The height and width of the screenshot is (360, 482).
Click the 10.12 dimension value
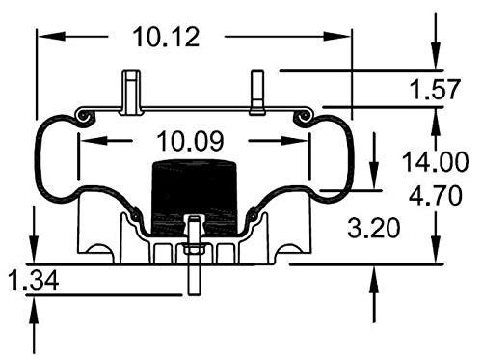(166, 37)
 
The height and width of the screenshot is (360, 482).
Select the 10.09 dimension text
(190, 141)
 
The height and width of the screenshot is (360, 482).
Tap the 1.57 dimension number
(435, 89)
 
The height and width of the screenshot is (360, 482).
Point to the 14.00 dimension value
(435, 162)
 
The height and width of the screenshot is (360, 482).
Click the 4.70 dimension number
(435, 195)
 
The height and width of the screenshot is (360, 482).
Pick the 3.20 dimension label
(374, 228)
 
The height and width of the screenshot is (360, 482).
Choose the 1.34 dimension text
(34, 280)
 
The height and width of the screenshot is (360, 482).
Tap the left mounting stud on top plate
(131, 93)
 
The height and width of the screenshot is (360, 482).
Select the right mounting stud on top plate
(257, 93)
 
